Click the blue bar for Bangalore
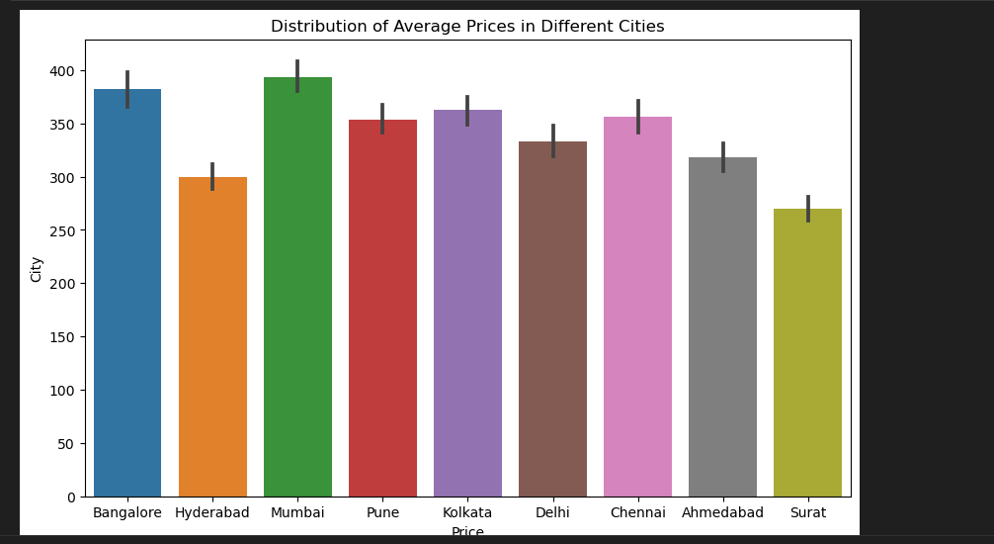click(127, 297)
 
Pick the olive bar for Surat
click(807, 356)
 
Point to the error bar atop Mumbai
click(297, 76)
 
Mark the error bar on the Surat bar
click(807, 208)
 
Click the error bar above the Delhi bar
click(552, 140)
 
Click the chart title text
click(467, 27)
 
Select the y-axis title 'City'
click(37, 269)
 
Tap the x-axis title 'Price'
click(467, 532)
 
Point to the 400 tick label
click(63, 71)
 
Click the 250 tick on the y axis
click(63, 230)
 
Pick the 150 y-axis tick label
click(63, 337)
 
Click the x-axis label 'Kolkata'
click(467, 513)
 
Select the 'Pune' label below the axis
click(382, 513)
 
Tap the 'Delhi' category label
click(552, 513)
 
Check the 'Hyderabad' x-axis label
click(212, 513)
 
